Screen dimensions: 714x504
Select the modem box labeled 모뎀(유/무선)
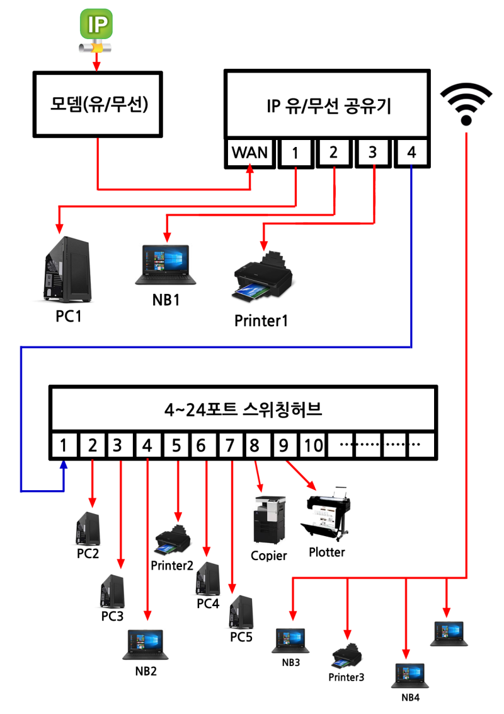[x=98, y=103]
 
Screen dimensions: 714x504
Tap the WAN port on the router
[x=250, y=153]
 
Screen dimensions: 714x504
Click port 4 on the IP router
[x=411, y=153]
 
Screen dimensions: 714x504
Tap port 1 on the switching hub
[x=64, y=445]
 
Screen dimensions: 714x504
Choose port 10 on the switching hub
[x=312, y=445]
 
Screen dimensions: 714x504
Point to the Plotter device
[x=328, y=514]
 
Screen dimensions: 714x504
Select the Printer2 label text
[x=171, y=565]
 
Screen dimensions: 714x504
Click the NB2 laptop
[x=146, y=645]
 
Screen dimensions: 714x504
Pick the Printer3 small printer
[x=347, y=656]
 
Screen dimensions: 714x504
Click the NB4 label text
[x=410, y=698]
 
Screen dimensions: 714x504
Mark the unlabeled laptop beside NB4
[x=449, y=633]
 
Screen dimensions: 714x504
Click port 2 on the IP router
[x=334, y=153]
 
